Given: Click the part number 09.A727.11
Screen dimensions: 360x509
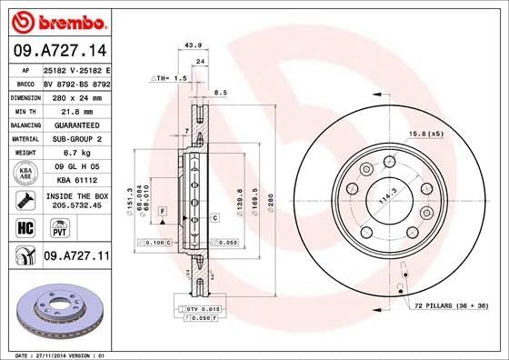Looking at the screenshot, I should click(x=76, y=258).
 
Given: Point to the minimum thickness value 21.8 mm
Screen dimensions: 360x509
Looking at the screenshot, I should click(x=75, y=110).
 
